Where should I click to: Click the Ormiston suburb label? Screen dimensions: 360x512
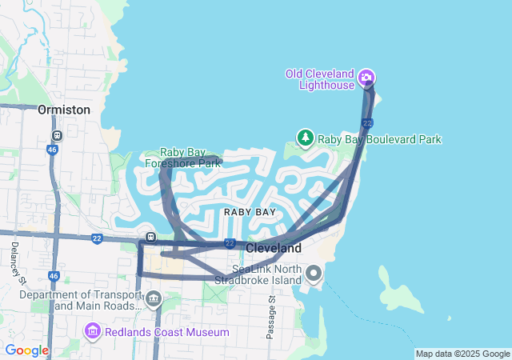64,110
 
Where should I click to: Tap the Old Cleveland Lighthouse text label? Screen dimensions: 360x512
321,79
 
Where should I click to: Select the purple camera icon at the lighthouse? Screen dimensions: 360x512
366,78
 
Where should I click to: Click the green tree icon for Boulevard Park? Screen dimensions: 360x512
306,138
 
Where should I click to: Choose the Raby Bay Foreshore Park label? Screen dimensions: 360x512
182,158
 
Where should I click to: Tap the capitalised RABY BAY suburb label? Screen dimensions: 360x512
250,212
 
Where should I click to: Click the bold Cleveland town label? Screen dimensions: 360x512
274,249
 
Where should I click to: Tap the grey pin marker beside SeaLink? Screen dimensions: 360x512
313,275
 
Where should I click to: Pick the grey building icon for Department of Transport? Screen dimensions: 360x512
153,300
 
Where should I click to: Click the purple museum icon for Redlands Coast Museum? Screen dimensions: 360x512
92,331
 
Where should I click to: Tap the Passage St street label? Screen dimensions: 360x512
271,316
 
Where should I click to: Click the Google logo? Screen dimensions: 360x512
26,350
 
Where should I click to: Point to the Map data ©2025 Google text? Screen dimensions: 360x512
462,354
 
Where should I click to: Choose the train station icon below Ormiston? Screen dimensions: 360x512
56,135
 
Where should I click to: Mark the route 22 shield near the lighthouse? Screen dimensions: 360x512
366,123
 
